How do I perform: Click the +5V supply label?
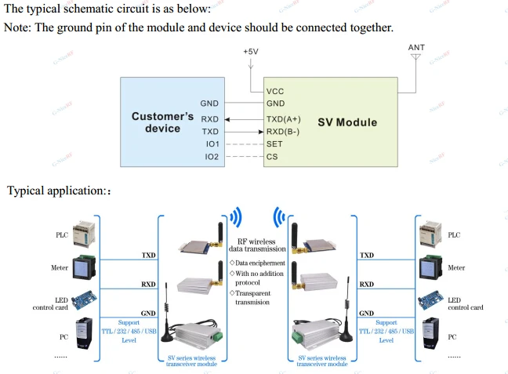coord(250,51)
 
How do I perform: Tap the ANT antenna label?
coord(416,48)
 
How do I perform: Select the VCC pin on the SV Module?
coord(275,91)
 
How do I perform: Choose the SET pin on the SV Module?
coord(274,144)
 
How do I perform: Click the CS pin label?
coord(272,158)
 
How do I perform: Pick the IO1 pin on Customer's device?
coord(212,144)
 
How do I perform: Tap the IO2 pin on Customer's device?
coord(212,158)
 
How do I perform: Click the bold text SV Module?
coord(347,122)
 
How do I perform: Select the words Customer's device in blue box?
coord(162,122)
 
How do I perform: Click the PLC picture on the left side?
coord(84,234)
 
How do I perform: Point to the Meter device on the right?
coord(429,267)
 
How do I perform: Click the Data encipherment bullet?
coord(258,263)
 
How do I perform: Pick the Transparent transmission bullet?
coord(256,296)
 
